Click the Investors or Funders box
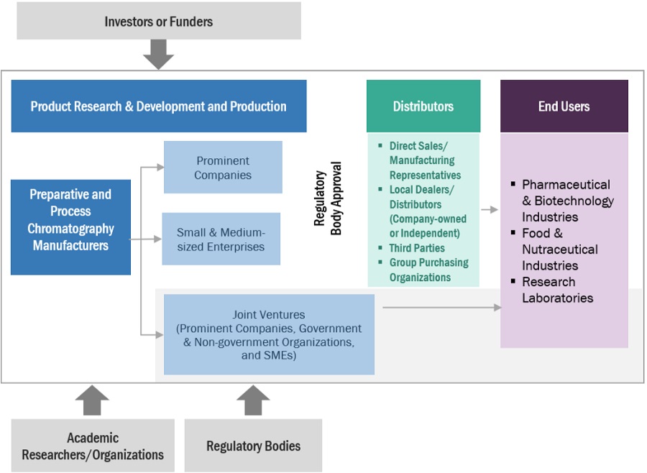point(158,21)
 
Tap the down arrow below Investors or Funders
point(158,54)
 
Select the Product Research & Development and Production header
point(158,106)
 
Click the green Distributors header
point(423,106)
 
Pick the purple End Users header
point(564,106)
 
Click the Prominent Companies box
point(223,167)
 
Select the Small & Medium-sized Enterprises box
point(221,239)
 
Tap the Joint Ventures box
point(269,334)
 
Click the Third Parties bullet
point(417,248)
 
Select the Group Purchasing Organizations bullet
point(428,270)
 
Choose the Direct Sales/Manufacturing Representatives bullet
point(425,160)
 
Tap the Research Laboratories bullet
point(558,290)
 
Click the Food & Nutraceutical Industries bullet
point(559,249)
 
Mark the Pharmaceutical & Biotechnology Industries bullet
point(567,201)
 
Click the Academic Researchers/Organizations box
point(93,446)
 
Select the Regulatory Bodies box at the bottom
point(253,446)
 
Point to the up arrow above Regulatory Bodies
point(253,400)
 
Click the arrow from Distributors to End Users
point(489,210)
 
